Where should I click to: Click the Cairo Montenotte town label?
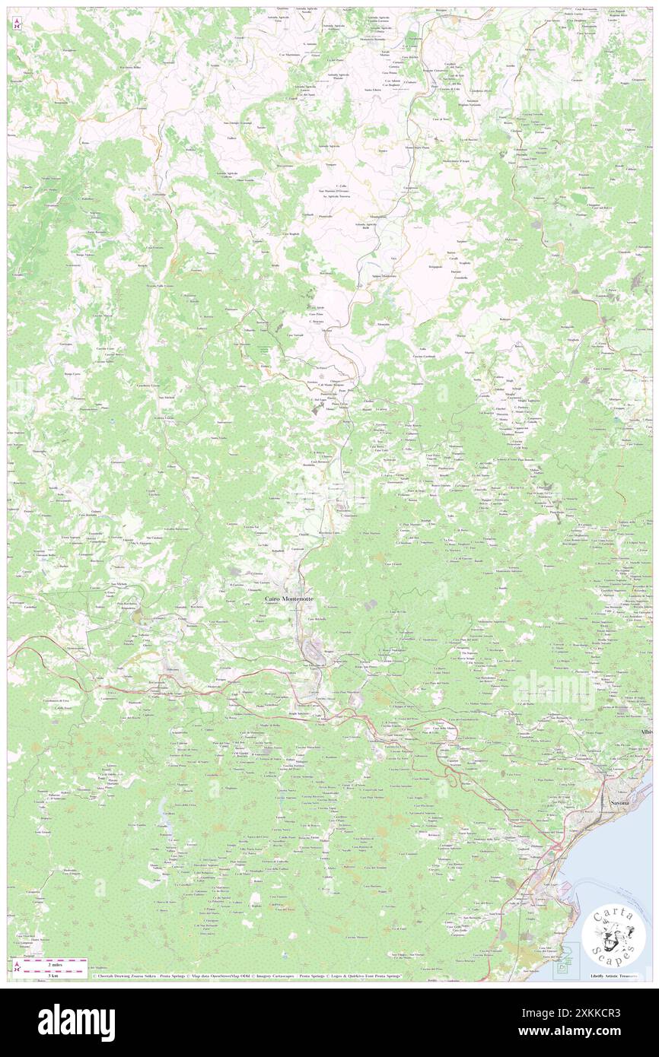[x=293, y=600]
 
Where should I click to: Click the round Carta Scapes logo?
[x=613, y=935]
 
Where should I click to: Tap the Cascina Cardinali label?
[x=424, y=357]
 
